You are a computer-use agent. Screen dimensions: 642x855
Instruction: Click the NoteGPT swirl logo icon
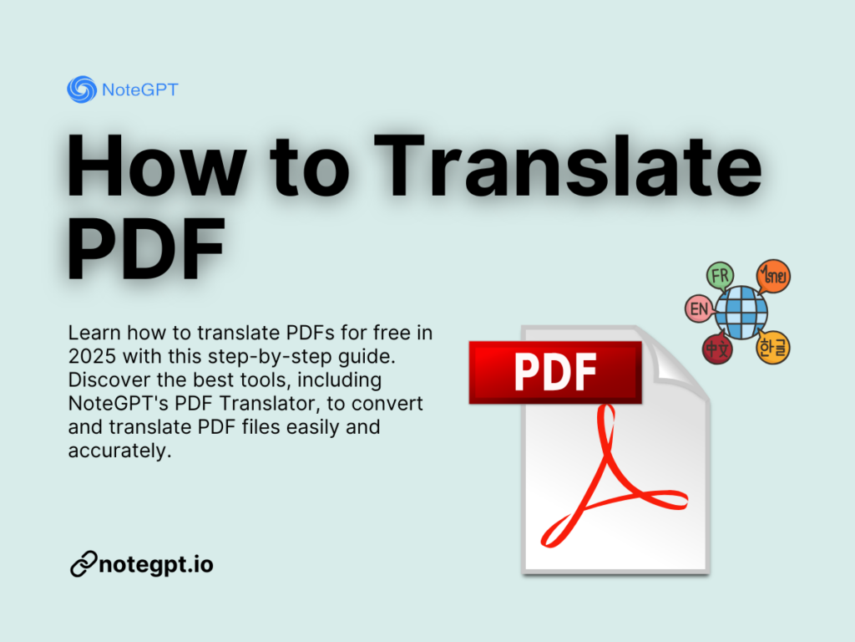point(81,89)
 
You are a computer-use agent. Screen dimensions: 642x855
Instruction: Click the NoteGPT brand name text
point(139,89)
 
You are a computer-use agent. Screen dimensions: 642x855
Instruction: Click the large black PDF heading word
point(147,246)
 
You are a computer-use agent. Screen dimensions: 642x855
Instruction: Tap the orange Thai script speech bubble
point(773,277)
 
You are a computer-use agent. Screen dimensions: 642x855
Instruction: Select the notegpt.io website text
point(156,565)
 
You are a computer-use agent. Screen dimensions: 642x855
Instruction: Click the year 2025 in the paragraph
point(92,355)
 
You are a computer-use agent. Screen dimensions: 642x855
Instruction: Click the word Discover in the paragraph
point(104,380)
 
